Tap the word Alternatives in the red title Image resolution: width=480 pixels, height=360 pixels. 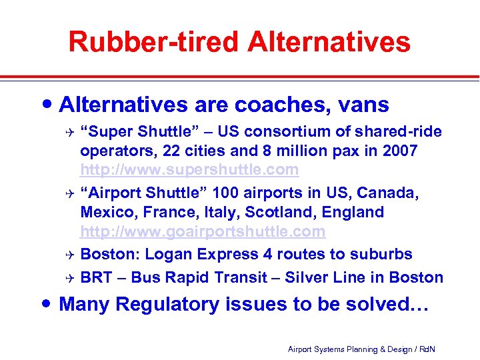pos(329,41)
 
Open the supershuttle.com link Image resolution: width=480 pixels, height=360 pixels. pos(189,170)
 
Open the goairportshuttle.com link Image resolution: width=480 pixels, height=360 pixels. pos(203,232)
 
